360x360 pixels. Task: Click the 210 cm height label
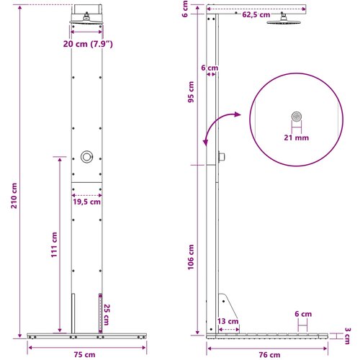[14, 196]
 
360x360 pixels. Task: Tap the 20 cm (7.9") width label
[88, 44]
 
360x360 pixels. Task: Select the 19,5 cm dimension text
[87, 202]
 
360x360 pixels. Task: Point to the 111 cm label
[54, 245]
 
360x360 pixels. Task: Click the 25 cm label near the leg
[107, 315]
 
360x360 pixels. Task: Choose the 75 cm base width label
[84, 355]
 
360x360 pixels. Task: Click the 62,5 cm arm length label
[256, 15]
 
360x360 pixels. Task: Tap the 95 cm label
[191, 92]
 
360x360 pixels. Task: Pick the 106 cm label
[191, 257]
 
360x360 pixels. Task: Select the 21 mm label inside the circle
[297, 138]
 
